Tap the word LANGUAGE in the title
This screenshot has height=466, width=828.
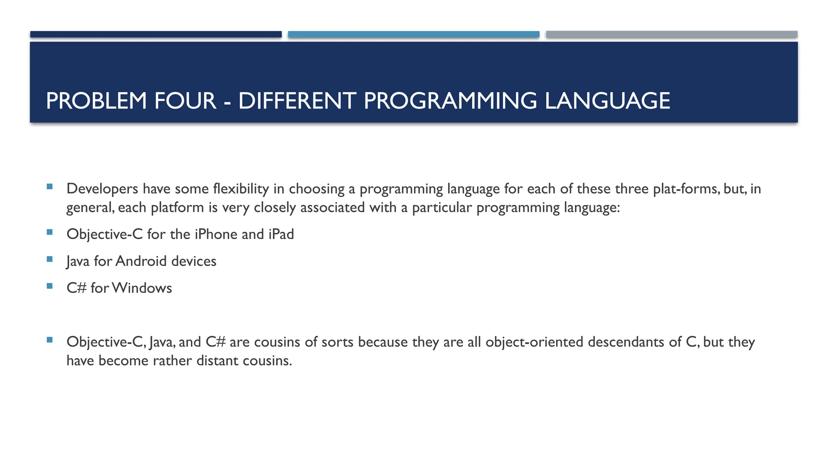coord(607,101)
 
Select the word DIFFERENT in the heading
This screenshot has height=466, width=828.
coord(297,101)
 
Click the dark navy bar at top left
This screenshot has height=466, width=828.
coord(156,34)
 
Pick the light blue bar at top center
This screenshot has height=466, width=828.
coord(414,34)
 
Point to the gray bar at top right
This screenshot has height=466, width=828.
coord(672,34)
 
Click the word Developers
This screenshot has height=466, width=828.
coord(102,189)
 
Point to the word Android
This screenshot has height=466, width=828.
coord(141,261)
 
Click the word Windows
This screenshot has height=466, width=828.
coord(142,288)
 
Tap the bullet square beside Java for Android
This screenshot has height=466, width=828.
coord(50,259)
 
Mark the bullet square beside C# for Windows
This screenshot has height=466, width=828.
coord(50,286)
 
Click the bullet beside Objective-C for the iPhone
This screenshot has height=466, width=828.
coord(50,232)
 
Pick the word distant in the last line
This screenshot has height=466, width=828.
coord(217,361)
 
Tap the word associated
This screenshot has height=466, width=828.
coord(332,208)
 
